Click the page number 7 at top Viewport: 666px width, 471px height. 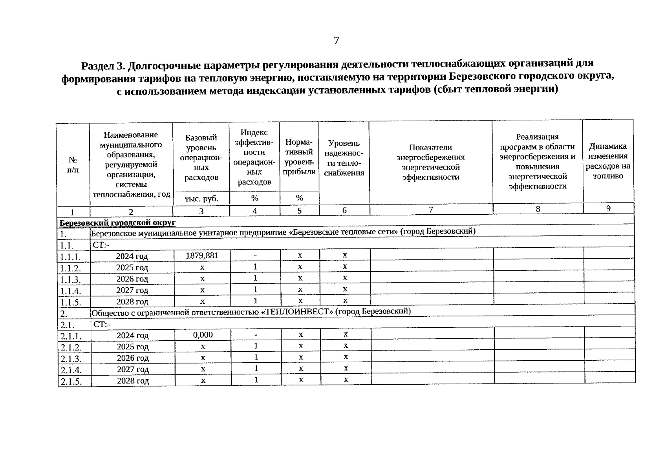[336, 40]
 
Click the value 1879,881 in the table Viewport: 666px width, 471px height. [202, 256]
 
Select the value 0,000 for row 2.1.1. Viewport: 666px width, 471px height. [203, 335]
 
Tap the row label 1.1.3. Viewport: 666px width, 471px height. [70, 280]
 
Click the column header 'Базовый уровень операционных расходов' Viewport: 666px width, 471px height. [201, 157]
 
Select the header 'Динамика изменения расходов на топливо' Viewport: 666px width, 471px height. [608, 161]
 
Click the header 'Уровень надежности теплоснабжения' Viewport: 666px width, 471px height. [344, 158]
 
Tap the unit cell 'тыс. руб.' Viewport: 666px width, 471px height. [201, 199]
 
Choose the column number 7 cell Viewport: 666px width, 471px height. [431, 210]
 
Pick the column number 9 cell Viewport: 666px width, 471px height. [608, 208]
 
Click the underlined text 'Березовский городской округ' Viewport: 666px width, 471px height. [117, 223]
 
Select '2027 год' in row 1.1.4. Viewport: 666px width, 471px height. [132, 290]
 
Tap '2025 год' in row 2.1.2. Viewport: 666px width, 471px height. [133, 347]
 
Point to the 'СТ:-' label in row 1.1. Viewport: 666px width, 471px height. [101, 245]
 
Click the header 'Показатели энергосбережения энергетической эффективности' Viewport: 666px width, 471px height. [430, 162]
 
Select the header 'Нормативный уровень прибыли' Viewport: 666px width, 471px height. [299, 157]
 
